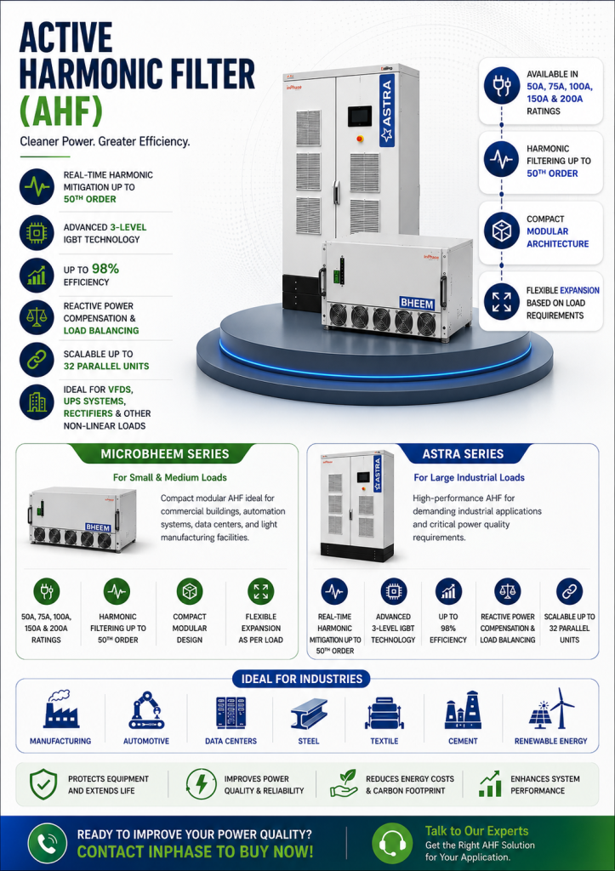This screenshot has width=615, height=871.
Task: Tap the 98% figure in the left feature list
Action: tap(105, 269)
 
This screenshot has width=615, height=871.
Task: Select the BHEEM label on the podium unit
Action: tap(417, 304)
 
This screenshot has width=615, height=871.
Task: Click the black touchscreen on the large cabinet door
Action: tap(360, 117)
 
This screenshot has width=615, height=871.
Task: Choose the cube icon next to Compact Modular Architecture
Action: tap(501, 231)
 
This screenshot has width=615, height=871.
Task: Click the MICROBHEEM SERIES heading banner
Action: tap(164, 454)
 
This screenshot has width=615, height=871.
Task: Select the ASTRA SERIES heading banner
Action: tap(463, 454)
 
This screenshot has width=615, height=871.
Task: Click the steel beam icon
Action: tap(309, 714)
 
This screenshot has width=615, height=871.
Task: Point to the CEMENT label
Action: tap(463, 741)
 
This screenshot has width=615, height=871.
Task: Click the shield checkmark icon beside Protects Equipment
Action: tap(43, 784)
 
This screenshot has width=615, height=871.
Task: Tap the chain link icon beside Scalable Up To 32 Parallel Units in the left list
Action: tap(37, 360)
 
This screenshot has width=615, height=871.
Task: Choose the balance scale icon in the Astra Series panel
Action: tap(507, 592)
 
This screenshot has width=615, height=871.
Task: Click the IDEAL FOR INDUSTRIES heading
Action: tap(301, 679)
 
